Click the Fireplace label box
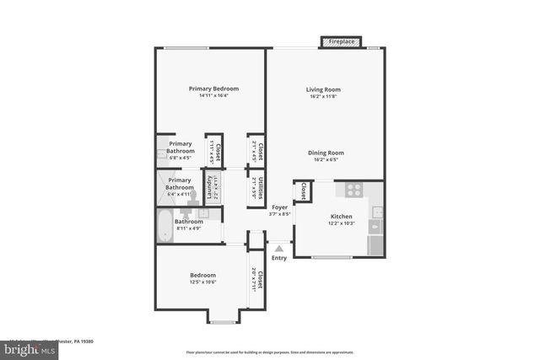(341, 41)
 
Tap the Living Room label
(324, 89)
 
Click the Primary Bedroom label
(213, 89)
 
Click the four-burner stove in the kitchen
(354, 191)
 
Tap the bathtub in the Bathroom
(165, 227)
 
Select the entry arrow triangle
(279, 248)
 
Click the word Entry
(279, 258)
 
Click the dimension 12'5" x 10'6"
(202, 282)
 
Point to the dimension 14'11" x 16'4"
(213, 95)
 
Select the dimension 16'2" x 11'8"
(324, 96)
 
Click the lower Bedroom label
(202, 275)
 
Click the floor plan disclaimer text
(270, 352)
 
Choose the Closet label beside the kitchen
(303, 191)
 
